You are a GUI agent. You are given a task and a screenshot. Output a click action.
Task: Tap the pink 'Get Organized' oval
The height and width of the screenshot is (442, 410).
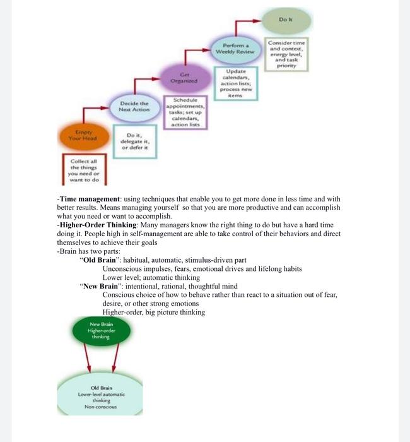tap(184, 79)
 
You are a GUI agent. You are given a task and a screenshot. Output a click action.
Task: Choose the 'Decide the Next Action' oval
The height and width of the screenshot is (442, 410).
tap(134, 105)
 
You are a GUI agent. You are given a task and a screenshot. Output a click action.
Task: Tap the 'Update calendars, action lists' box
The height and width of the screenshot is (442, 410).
tap(236, 81)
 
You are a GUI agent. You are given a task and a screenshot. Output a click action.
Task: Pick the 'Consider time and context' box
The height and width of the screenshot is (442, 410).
tap(287, 53)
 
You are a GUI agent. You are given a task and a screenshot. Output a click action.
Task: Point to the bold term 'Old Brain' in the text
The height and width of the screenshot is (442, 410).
tap(100, 260)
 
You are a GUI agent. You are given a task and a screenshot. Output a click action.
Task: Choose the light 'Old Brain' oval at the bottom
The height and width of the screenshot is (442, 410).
tap(101, 394)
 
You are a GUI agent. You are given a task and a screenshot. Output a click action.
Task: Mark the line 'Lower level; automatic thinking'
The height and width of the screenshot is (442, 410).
tap(151, 277)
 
